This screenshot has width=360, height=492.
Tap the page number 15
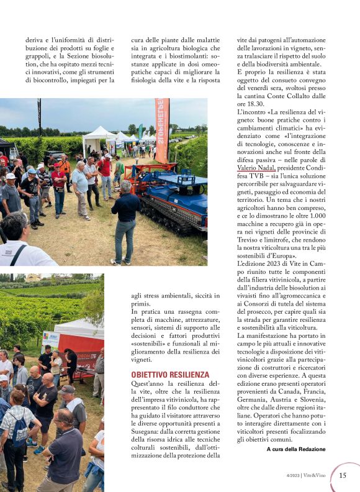click(343, 475)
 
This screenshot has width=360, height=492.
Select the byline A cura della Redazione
click(295, 449)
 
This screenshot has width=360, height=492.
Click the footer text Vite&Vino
click(315, 476)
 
